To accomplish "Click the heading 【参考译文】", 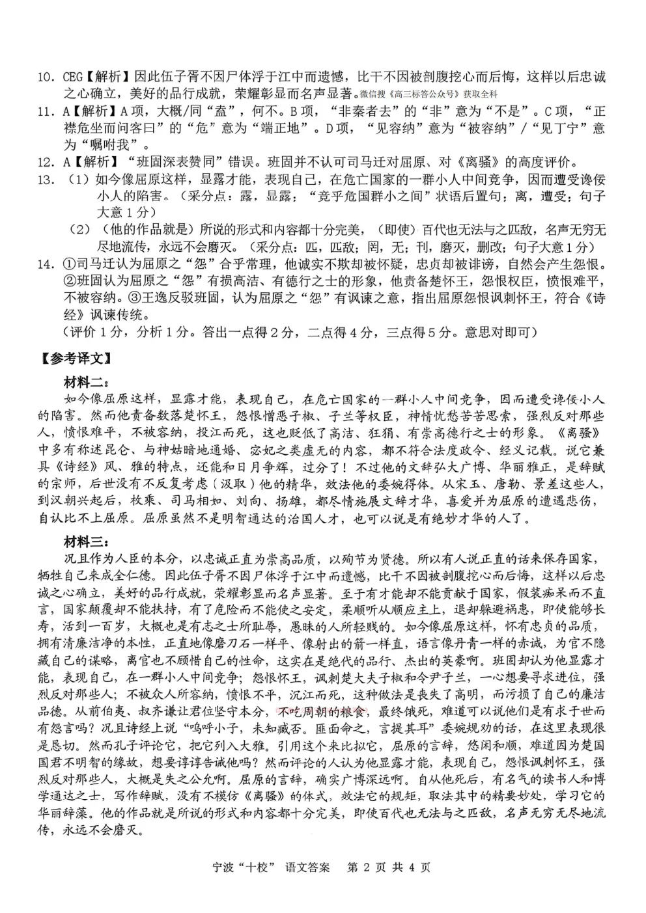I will click(x=77, y=357).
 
